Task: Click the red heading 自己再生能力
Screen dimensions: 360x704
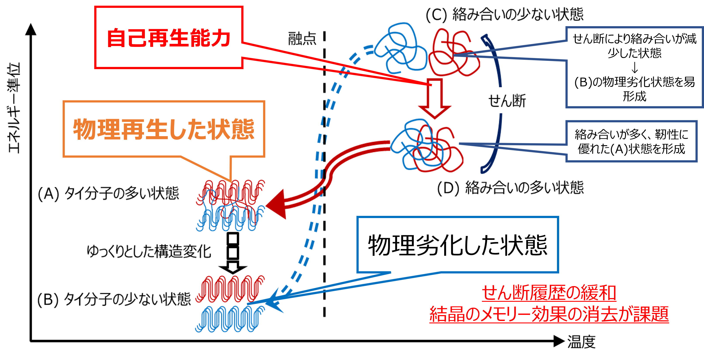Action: click(168, 38)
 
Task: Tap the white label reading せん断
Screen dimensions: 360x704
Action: click(507, 100)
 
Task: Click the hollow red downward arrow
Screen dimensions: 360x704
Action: click(435, 98)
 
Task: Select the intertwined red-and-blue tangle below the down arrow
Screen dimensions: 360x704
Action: click(426, 146)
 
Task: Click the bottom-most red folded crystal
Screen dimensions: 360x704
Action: click(230, 288)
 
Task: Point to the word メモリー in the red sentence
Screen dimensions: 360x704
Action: click(506, 314)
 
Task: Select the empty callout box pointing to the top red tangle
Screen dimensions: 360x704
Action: click(634, 67)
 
